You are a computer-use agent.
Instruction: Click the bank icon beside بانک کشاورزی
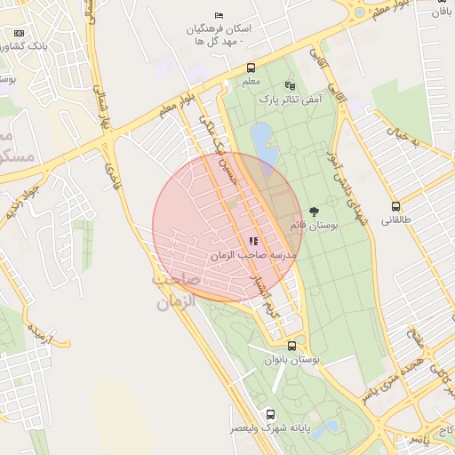pos(20,33)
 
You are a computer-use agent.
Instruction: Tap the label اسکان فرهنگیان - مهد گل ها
pos(219,35)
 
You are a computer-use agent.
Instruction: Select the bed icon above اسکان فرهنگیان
pos(220,15)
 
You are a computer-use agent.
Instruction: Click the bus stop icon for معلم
pos(251,68)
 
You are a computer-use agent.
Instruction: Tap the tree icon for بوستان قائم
pos(314,212)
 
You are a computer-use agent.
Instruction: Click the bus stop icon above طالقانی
pos(395,206)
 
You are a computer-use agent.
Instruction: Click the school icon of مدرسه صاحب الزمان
pos(253,240)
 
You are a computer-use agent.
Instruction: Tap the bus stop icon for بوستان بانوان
pos(291,346)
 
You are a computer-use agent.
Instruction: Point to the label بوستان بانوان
pos(291,360)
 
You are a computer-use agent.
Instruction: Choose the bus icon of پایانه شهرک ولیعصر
pos(270,414)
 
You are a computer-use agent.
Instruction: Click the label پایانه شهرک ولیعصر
pos(270,428)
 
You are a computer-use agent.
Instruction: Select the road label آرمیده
pos(38,334)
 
